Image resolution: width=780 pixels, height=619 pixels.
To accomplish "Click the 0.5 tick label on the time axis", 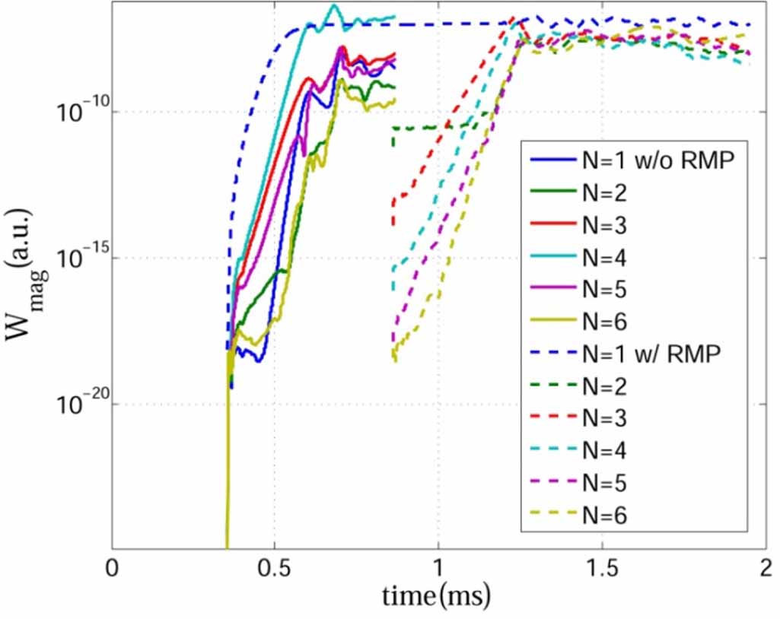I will pyautogui.click(x=275, y=570).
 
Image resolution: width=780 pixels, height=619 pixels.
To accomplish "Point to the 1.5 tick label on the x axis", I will pyautogui.click(x=601, y=570).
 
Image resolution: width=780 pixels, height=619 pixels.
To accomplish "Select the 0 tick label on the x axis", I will pyautogui.click(x=113, y=570).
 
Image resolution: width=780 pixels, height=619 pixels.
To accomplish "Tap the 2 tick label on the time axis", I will pyautogui.click(x=763, y=570).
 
